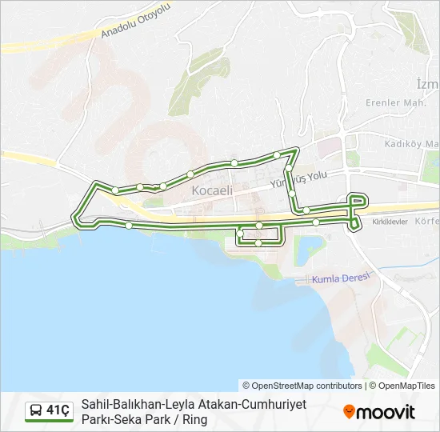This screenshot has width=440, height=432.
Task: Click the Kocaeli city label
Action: (212, 191)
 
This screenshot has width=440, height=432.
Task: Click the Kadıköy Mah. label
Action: (411, 143)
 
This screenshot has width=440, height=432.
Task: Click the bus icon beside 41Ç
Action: (36, 411)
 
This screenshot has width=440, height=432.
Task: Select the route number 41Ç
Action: (58, 411)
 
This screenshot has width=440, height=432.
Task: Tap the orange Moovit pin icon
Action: (349, 412)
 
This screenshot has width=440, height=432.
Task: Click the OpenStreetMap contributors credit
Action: (302, 385)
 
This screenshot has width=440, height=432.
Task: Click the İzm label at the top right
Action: (427, 84)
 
